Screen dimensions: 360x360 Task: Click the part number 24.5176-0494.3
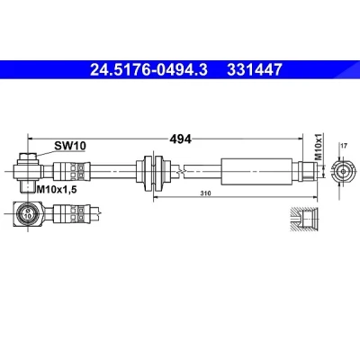(x=148, y=69)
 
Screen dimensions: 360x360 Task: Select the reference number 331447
(x=255, y=69)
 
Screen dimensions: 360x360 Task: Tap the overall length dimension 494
(x=180, y=139)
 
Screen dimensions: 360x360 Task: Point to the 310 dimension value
(x=206, y=193)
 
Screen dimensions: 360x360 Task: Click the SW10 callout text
(x=70, y=146)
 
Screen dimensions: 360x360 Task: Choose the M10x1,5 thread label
(x=57, y=189)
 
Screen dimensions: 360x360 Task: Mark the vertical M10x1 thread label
(x=318, y=147)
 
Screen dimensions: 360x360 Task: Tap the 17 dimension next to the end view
(x=344, y=146)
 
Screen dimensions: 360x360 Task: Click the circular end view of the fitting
(x=343, y=172)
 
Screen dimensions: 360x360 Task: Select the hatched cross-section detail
(x=303, y=219)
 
